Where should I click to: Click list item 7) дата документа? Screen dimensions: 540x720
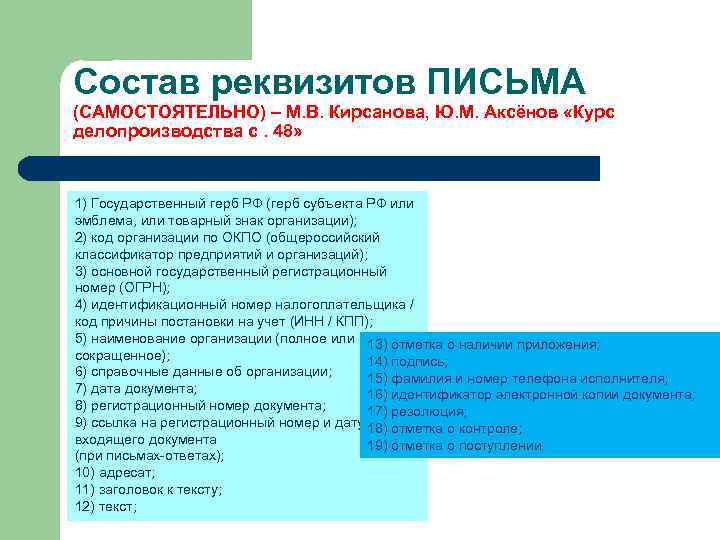click(x=135, y=388)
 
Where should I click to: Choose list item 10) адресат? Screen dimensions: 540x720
click(x=114, y=473)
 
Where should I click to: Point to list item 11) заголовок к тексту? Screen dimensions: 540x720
click(x=148, y=490)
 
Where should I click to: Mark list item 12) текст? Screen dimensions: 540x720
click(x=105, y=507)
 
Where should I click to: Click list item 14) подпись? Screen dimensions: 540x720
click(x=407, y=361)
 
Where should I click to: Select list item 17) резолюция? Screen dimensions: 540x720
click(x=416, y=412)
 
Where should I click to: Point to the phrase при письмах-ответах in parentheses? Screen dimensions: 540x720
click(x=149, y=456)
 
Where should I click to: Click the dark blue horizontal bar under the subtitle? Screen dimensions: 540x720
click(x=330, y=168)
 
